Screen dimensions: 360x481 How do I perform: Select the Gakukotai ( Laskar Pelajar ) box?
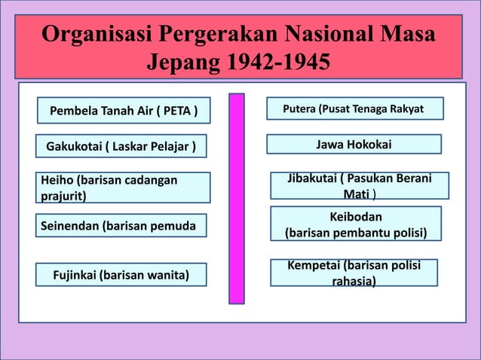pos(121,145)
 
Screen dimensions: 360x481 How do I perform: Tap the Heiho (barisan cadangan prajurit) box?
pos(124,188)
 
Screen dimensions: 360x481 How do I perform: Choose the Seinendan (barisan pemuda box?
pos(121,225)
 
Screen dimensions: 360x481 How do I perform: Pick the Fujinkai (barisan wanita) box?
pos(121,275)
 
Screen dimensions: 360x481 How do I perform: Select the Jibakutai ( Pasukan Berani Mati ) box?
pos(360,186)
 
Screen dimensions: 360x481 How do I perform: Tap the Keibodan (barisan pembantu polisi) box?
pos(355,224)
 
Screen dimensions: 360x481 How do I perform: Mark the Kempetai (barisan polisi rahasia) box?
pos(354,273)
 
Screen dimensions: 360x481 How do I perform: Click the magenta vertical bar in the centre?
pos(237,198)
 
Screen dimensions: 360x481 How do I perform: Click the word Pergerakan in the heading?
pos(225,35)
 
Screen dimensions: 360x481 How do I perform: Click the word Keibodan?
pos(355,217)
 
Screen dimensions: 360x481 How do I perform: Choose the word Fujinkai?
pos(75,275)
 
